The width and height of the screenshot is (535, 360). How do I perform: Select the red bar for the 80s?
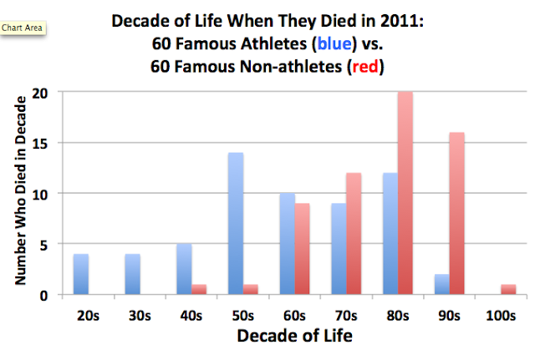pyautogui.click(x=405, y=194)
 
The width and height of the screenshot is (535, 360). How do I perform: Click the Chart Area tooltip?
pyautogui.click(x=24, y=27)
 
